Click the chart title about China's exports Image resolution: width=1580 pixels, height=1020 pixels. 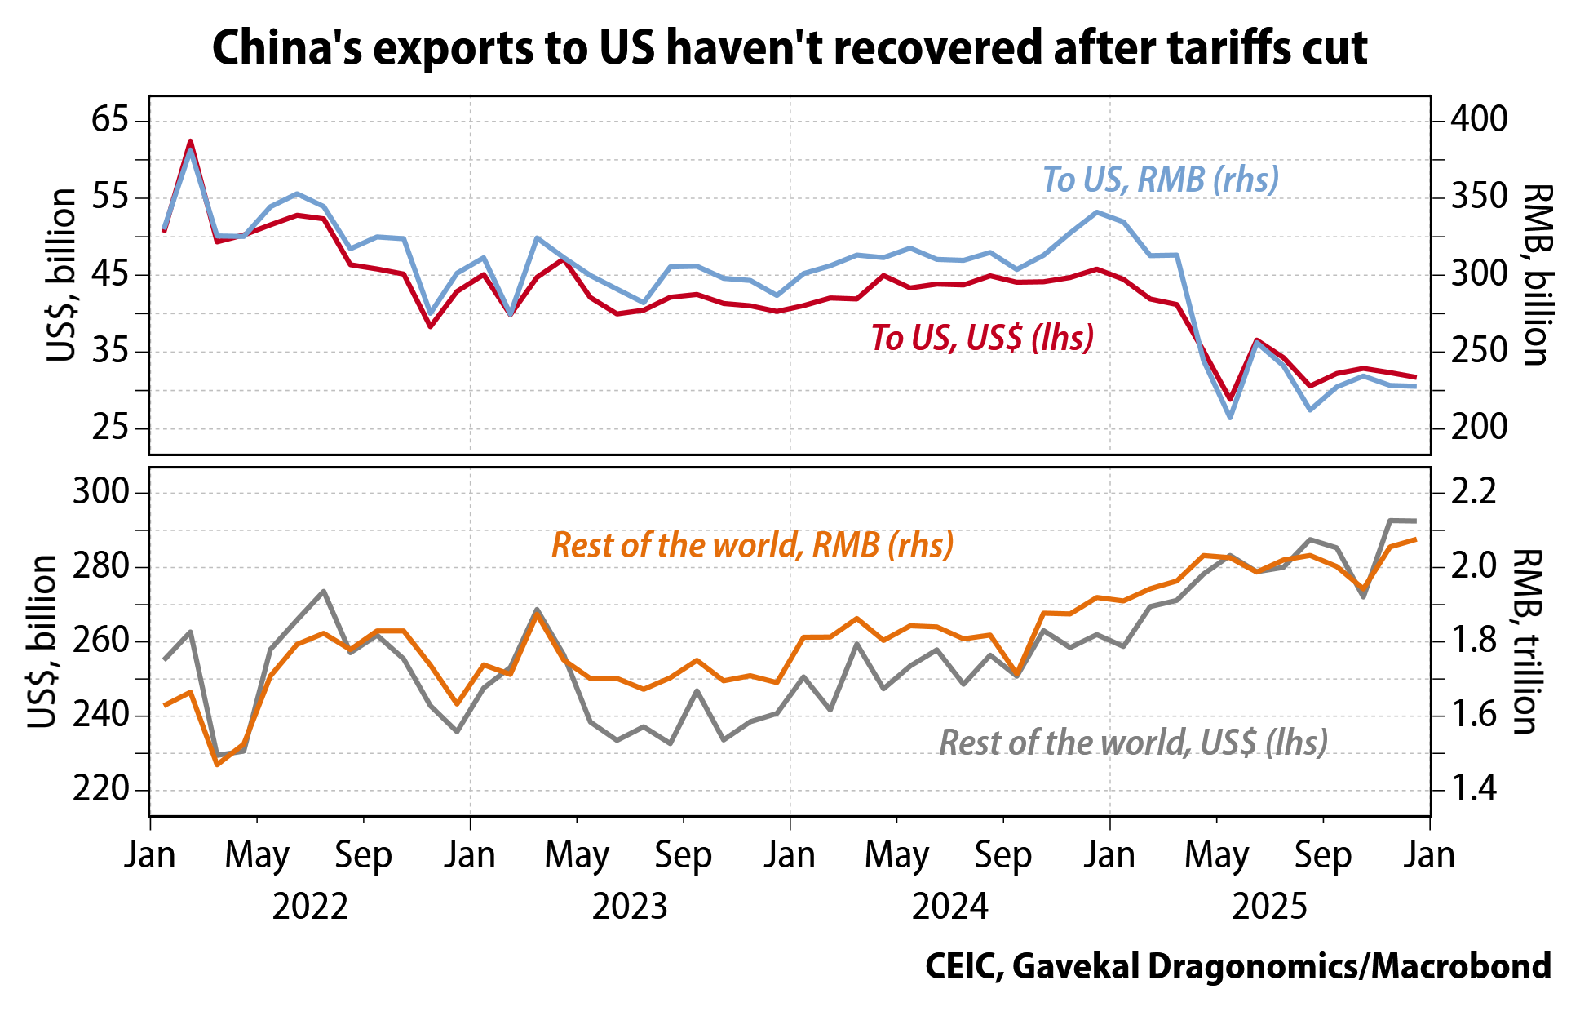coord(790,47)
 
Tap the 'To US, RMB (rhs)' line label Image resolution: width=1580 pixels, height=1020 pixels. coord(1160,180)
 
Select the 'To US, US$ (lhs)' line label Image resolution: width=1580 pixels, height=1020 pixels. coord(982,337)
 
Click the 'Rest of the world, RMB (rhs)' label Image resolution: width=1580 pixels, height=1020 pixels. coord(752,545)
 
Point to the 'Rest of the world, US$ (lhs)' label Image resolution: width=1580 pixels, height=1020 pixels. coord(1134,743)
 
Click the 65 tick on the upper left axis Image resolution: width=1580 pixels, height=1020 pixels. coord(110,121)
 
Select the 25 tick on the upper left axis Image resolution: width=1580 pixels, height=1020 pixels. coord(110,428)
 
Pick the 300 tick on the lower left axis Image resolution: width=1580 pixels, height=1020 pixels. coord(101,493)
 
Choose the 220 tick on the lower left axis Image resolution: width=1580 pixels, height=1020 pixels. coord(101,789)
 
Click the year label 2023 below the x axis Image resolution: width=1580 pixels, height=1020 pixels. coord(630,907)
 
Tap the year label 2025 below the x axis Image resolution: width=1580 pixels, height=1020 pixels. coord(1269,907)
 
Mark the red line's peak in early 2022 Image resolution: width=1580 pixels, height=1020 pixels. coord(190,141)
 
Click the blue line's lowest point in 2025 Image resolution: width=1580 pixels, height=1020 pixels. coord(1230,418)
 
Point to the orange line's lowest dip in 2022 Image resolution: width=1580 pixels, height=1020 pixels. coord(217,765)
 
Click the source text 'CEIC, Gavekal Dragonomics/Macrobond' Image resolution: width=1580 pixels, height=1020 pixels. coord(1237,967)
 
